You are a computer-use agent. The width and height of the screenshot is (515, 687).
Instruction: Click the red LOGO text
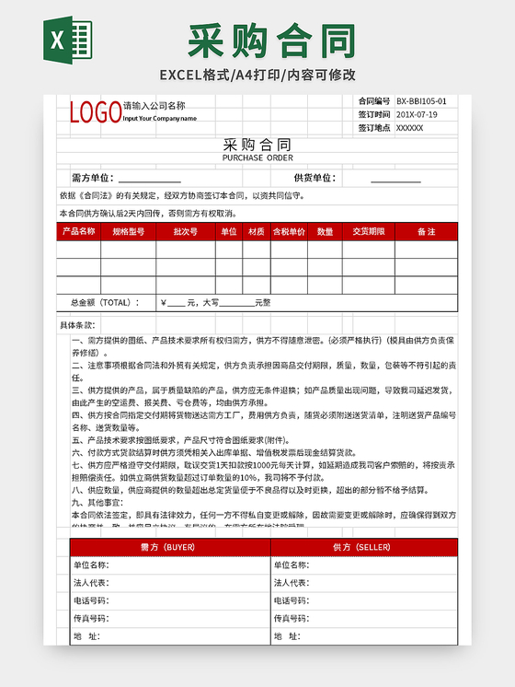(x=95, y=112)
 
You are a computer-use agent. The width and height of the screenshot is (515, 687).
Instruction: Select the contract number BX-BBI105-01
(x=421, y=101)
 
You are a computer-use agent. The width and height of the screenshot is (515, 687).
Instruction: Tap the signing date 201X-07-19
(x=416, y=114)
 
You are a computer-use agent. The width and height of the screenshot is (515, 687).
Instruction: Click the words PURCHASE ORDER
(x=257, y=157)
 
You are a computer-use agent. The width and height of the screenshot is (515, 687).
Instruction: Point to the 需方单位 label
(x=92, y=178)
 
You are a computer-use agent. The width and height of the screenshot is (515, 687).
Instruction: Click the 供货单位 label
(x=315, y=178)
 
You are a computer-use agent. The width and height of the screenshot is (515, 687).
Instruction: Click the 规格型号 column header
(x=129, y=232)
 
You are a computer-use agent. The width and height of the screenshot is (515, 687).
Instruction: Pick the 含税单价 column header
(x=289, y=232)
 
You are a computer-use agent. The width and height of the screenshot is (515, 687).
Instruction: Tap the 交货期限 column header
(x=368, y=232)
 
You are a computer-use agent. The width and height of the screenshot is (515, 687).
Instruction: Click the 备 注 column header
(x=426, y=232)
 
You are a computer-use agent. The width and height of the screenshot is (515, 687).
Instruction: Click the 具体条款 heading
(x=77, y=325)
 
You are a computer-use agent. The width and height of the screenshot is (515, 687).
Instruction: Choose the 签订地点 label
(x=373, y=128)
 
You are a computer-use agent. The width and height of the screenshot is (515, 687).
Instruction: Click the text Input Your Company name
(x=159, y=119)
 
